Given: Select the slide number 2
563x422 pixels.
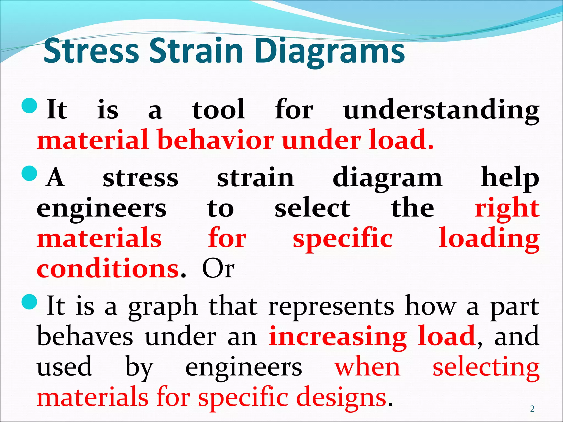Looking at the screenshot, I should pos(532,409).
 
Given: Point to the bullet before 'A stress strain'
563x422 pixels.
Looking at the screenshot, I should pos(29,174).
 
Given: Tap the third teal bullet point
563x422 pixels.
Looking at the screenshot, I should pos(29,302).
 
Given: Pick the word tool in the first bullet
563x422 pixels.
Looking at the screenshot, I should pos(219,110).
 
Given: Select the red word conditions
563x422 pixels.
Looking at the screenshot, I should pos(108,269).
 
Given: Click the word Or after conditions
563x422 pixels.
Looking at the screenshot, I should pos(218,269).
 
